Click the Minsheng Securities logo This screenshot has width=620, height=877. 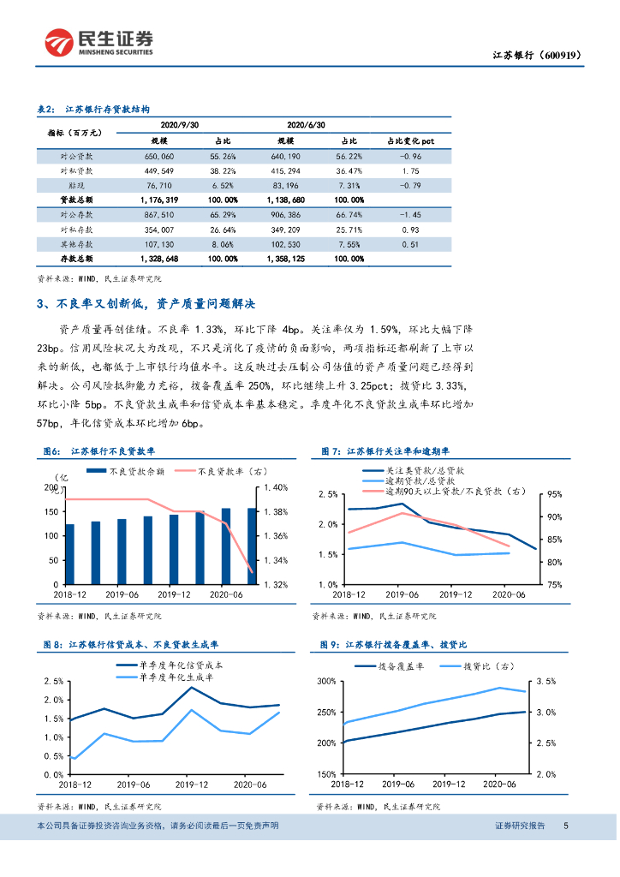[99, 42]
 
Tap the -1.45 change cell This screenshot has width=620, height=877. [410, 215]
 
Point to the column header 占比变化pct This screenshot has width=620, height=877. [410, 140]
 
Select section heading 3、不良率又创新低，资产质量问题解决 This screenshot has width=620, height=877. [146, 304]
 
